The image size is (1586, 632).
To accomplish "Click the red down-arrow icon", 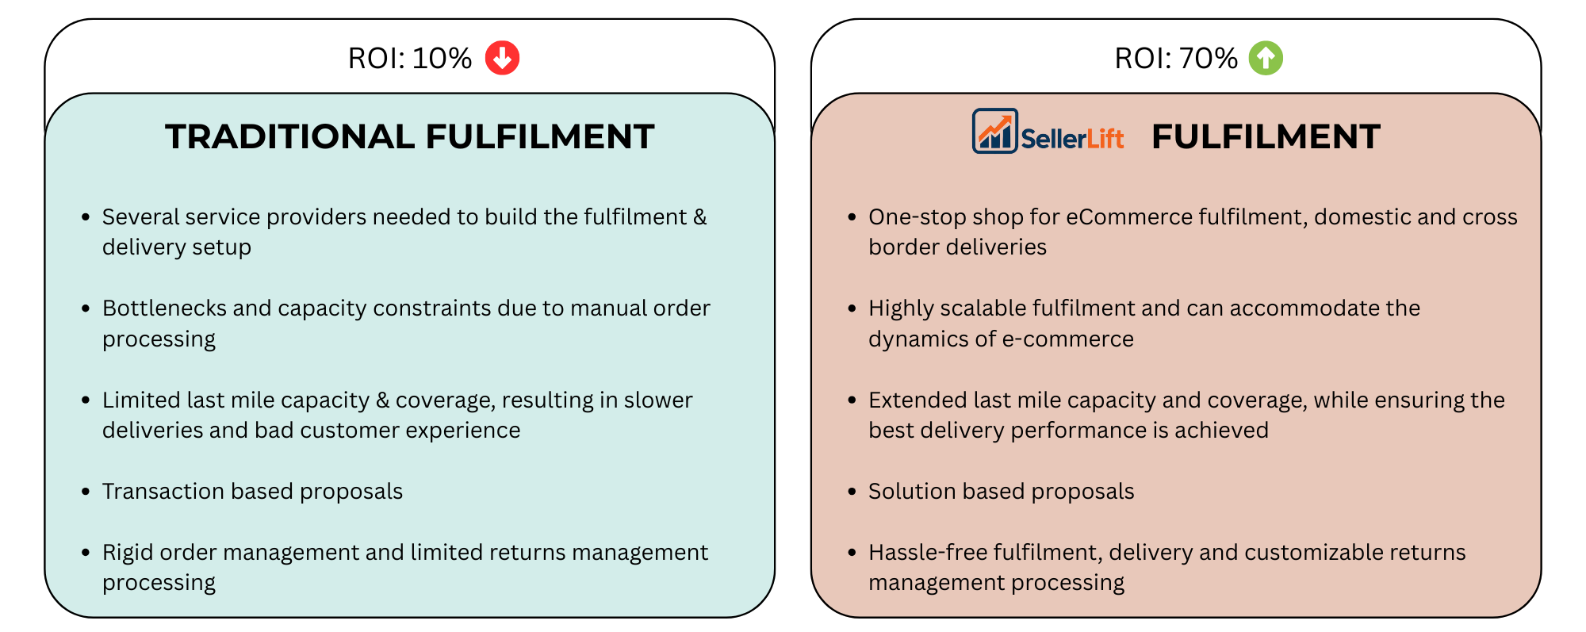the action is click(502, 58).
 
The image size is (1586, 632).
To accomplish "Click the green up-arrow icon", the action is click(1266, 58).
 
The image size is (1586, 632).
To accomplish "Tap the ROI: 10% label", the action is click(410, 59).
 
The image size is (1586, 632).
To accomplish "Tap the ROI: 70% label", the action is click(1176, 59).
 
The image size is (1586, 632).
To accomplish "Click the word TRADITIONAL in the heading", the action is click(289, 136).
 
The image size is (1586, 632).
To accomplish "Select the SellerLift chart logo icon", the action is click(994, 131).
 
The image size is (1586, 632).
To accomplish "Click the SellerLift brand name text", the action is click(1072, 139).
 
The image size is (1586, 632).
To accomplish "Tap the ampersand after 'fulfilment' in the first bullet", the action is click(699, 217).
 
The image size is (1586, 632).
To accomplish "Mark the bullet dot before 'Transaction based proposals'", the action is click(86, 492).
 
